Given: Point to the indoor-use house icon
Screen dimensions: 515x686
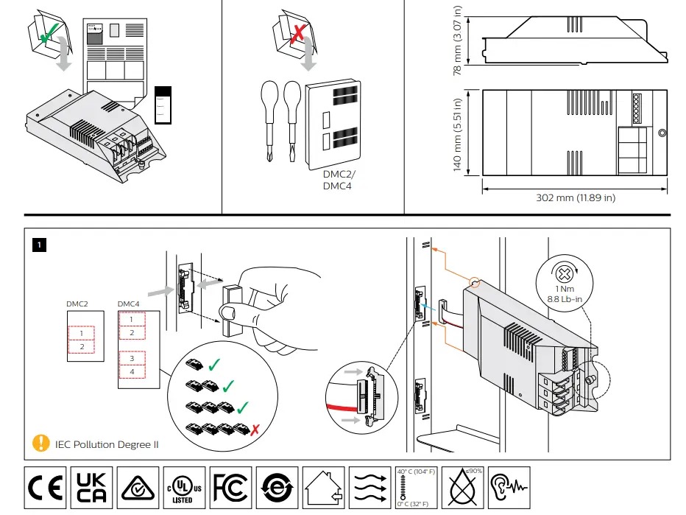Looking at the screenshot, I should pos(322,487).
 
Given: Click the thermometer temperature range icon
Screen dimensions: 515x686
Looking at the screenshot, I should pos(417,487).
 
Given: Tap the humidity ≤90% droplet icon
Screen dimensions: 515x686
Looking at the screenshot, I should pos(462,487).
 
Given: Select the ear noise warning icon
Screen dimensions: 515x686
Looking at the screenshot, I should pos(508,487).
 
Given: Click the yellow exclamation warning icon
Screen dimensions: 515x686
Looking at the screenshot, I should pos(40,444).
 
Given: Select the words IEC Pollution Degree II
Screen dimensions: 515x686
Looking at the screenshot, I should pos(107,444).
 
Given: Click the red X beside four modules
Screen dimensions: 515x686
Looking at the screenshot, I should pos(254,428).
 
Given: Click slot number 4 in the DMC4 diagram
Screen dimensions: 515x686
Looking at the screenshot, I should pos(131,372).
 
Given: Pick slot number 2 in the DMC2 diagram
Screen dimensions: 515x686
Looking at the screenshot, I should pos(82,346).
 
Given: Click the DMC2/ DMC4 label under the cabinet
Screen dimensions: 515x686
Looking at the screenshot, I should pos(339,181).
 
